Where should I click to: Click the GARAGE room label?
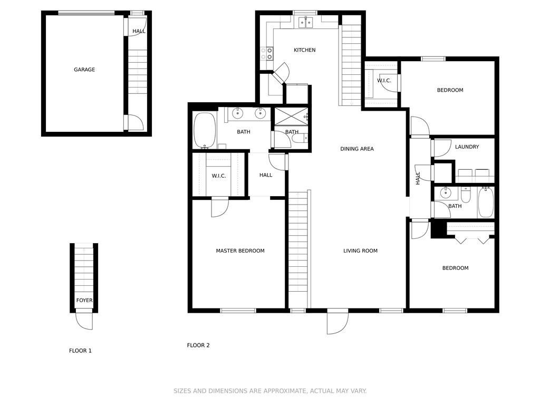coord(84,70)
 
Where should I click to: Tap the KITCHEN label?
coord(304,50)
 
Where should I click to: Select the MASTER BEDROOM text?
coord(240,251)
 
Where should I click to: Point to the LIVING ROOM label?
coord(360,251)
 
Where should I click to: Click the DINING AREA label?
coord(356,149)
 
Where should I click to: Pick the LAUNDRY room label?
coord(467,147)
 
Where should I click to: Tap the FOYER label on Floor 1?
coord(84,301)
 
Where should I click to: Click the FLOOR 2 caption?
coord(198,345)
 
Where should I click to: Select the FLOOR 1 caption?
coord(80,351)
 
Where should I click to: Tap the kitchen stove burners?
coord(267,53)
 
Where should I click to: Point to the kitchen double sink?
coord(305,22)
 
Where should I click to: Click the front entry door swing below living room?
coord(337,322)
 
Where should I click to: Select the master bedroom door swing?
coord(219,207)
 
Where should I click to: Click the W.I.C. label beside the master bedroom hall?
coord(219,176)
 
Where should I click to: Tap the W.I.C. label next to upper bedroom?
coord(384,81)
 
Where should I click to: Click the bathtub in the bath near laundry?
coord(486,203)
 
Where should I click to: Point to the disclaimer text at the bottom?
coord(270,391)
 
